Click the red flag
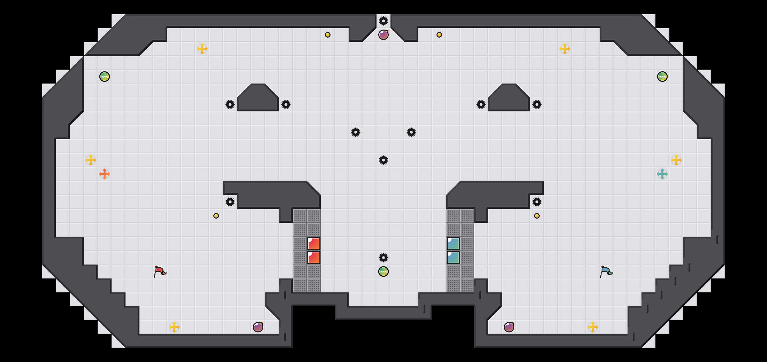[160, 271]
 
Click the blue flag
[606, 271]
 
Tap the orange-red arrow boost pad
[105, 174]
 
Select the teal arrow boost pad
[662, 174]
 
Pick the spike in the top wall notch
[383, 21]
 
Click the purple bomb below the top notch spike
[383, 35]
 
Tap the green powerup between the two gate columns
[383, 271]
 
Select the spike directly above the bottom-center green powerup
[383, 258]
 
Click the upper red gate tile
[314, 244]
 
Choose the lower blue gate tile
[453, 258]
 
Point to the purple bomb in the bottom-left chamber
[258, 327]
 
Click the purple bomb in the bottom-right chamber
[509, 327]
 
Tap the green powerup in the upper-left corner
[105, 77]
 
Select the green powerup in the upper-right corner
[662, 77]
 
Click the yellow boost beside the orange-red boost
[91, 160]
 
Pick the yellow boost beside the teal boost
[676, 160]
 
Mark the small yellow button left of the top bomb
[328, 35]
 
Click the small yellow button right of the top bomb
[439, 35]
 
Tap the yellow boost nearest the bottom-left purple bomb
[174, 327]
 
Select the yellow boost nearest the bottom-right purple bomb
[593, 327]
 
